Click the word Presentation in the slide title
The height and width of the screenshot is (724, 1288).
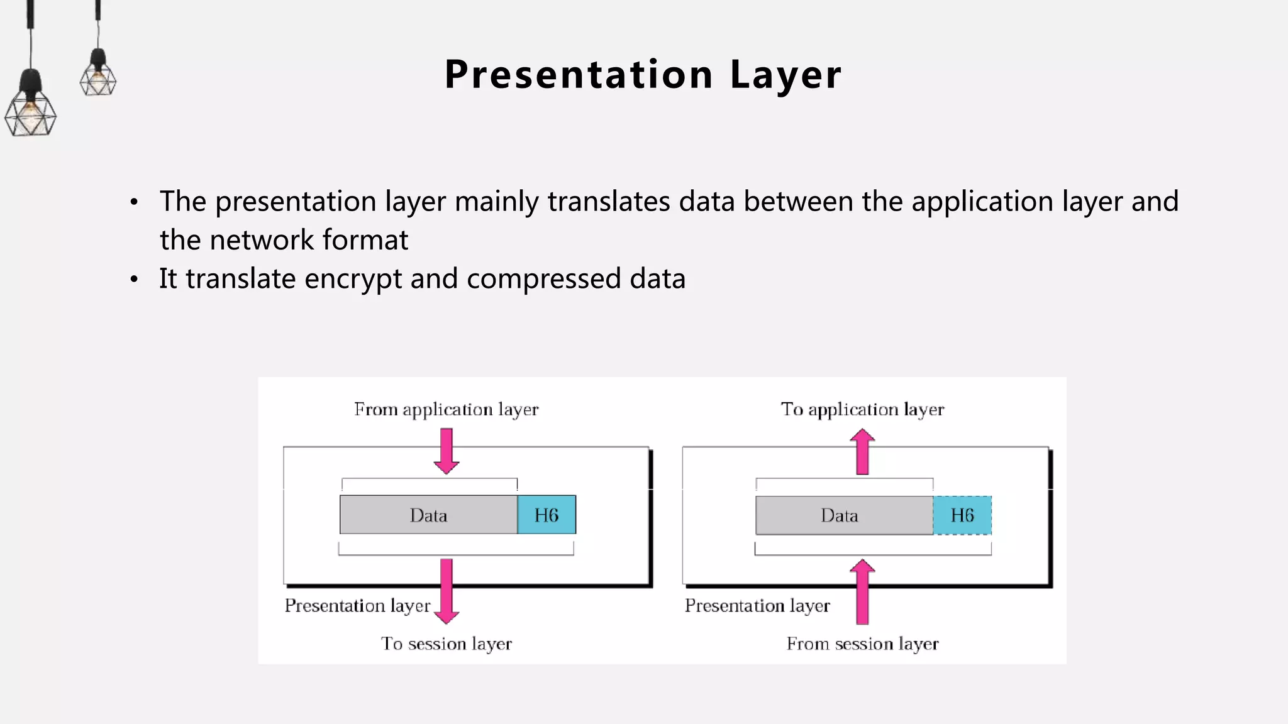(579, 75)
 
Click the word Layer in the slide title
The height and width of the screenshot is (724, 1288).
(786, 75)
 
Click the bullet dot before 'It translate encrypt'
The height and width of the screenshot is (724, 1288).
(134, 280)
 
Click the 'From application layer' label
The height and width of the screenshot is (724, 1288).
(446, 410)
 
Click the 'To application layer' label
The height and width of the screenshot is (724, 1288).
(862, 410)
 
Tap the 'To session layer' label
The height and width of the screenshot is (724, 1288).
(446, 644)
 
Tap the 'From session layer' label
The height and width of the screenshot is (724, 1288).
(862, 644)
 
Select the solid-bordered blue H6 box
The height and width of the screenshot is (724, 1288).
(546, 515)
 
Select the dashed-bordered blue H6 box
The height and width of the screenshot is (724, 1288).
(962, 515)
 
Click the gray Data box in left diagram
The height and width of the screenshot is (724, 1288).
(428, 515)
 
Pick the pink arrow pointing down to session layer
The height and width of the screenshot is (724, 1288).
(447, 591)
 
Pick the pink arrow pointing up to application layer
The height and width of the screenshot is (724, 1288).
(862, 452)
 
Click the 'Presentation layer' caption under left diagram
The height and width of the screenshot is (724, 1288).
(357, 606)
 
